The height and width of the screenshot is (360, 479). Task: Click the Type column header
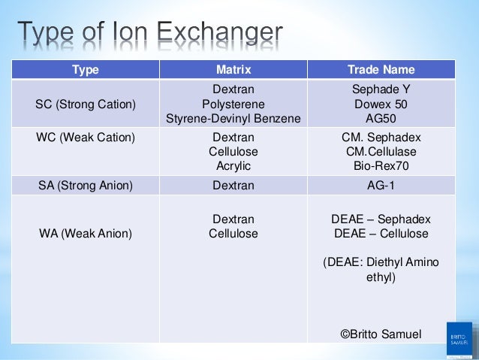[x=85, y=71]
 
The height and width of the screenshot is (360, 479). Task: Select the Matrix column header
[x=233, y=71]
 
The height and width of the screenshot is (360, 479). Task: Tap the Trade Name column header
[x=381, y=71]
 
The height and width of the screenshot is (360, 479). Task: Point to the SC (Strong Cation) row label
[x=86, y=104]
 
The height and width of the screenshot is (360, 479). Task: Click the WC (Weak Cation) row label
[x=85, y=138]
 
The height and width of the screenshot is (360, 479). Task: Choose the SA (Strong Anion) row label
[x=85, y=186]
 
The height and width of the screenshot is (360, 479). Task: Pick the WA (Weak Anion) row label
[x=84, y=234]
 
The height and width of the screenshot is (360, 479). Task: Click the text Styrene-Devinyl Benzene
[x=233, y=118]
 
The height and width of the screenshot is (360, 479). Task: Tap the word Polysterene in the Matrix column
[x=233, y=104]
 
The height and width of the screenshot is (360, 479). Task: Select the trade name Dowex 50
[x=381, y=104]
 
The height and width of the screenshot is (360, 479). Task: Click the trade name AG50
[x=381, y=118]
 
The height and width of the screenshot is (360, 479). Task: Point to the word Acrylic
[x=233, y=166]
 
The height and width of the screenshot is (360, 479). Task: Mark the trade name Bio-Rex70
[x=381, y=166]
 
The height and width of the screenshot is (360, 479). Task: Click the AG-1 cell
[x=381, y=186]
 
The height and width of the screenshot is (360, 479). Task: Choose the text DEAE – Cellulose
[x=381, y=234]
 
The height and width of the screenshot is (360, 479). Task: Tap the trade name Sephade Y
[x=381, y=89]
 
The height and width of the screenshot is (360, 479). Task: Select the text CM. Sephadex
[x=381, y=138]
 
